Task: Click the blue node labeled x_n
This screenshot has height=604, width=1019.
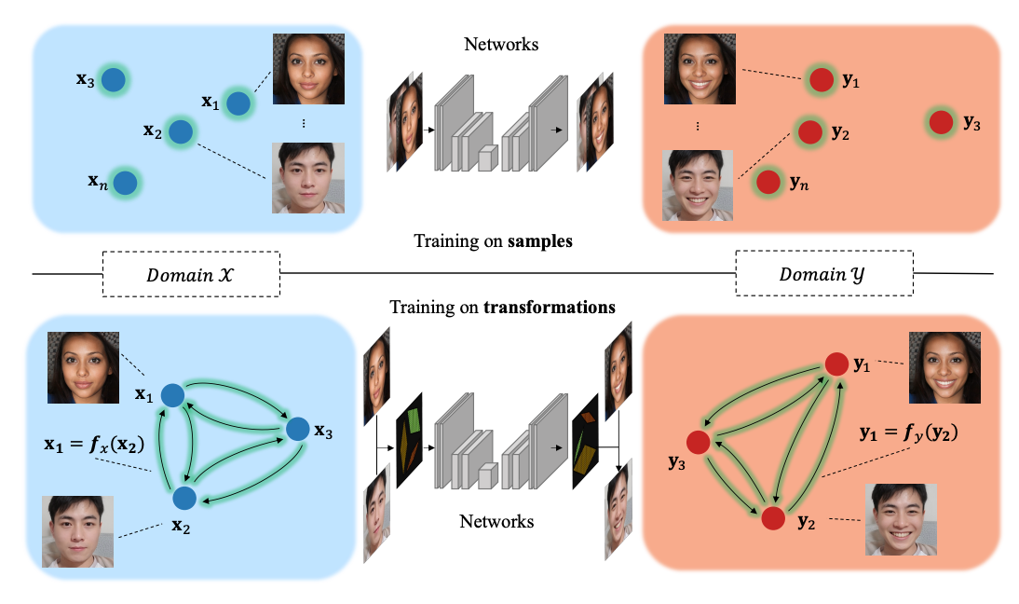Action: pos(125,183)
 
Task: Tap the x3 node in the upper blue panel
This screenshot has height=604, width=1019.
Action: pos(114,80)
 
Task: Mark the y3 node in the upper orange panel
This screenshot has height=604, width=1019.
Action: pos(941,121)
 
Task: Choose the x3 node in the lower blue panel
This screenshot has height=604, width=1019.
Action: pos(297,429)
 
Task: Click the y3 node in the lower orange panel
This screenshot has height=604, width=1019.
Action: pos(699,441)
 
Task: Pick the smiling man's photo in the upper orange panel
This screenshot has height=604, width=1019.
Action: pos(699,185)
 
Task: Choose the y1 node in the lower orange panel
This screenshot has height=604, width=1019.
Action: pos(833,364)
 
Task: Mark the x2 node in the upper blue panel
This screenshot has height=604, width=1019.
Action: pos(180,132)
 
